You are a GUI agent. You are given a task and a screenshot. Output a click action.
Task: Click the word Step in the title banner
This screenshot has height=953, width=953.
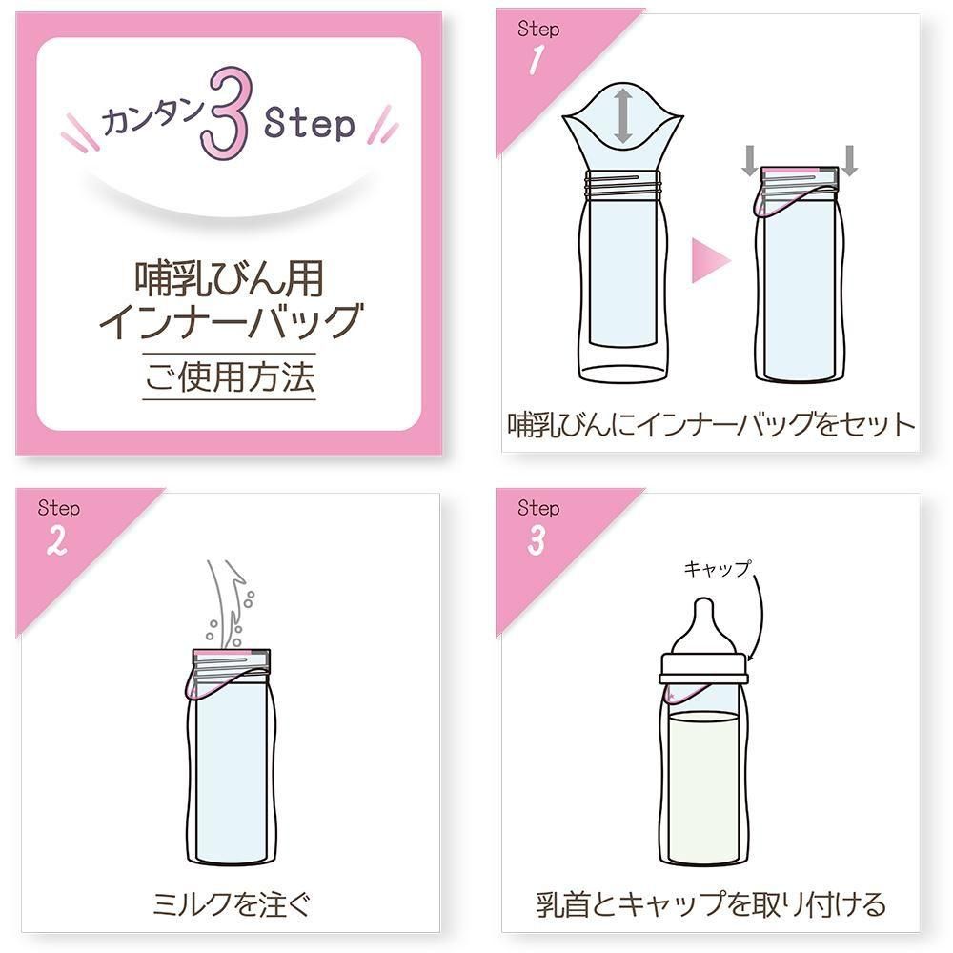[x=309, y=125]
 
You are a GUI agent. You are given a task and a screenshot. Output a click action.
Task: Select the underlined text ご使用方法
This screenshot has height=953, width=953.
[x=229, y=376]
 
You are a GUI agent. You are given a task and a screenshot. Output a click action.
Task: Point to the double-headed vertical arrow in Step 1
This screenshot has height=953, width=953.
[x=622, y=115]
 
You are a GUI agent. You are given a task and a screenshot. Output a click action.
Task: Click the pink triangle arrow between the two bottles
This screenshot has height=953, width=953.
[x=710, y=260]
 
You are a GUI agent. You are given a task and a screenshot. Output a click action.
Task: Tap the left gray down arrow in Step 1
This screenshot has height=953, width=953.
[x=750, y=160]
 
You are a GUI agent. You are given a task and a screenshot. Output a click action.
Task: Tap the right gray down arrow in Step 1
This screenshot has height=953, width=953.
[x=850, y=160]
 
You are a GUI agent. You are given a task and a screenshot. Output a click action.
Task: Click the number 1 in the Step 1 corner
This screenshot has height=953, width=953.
[x=536, y=61]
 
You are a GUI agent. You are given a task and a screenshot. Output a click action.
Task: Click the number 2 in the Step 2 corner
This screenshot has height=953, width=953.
[x=56, y=540]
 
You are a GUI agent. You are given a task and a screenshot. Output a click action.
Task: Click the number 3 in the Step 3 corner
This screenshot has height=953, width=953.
[x=536, y=540]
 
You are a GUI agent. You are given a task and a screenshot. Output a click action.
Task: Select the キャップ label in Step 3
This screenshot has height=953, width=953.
[x=718, y=569]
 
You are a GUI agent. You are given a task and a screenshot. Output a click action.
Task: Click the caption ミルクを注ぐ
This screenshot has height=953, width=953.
[x=232, y=903]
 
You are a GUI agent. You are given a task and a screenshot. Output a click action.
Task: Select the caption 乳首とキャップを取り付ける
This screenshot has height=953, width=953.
[x=711, y=903]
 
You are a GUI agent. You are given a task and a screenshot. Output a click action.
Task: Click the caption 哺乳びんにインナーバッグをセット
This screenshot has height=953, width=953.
[x=711, y=424]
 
